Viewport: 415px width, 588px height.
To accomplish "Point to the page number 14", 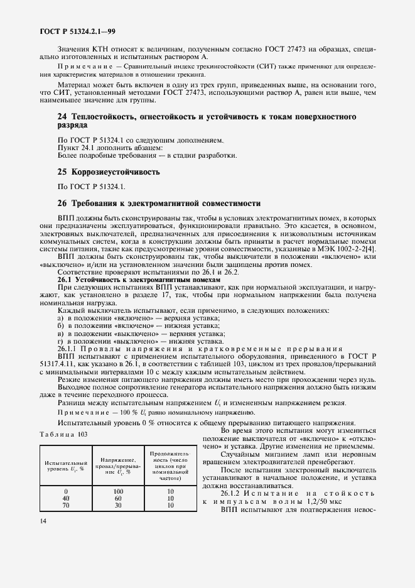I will click(43, 521).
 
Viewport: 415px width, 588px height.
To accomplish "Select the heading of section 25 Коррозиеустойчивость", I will click(109, 171).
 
